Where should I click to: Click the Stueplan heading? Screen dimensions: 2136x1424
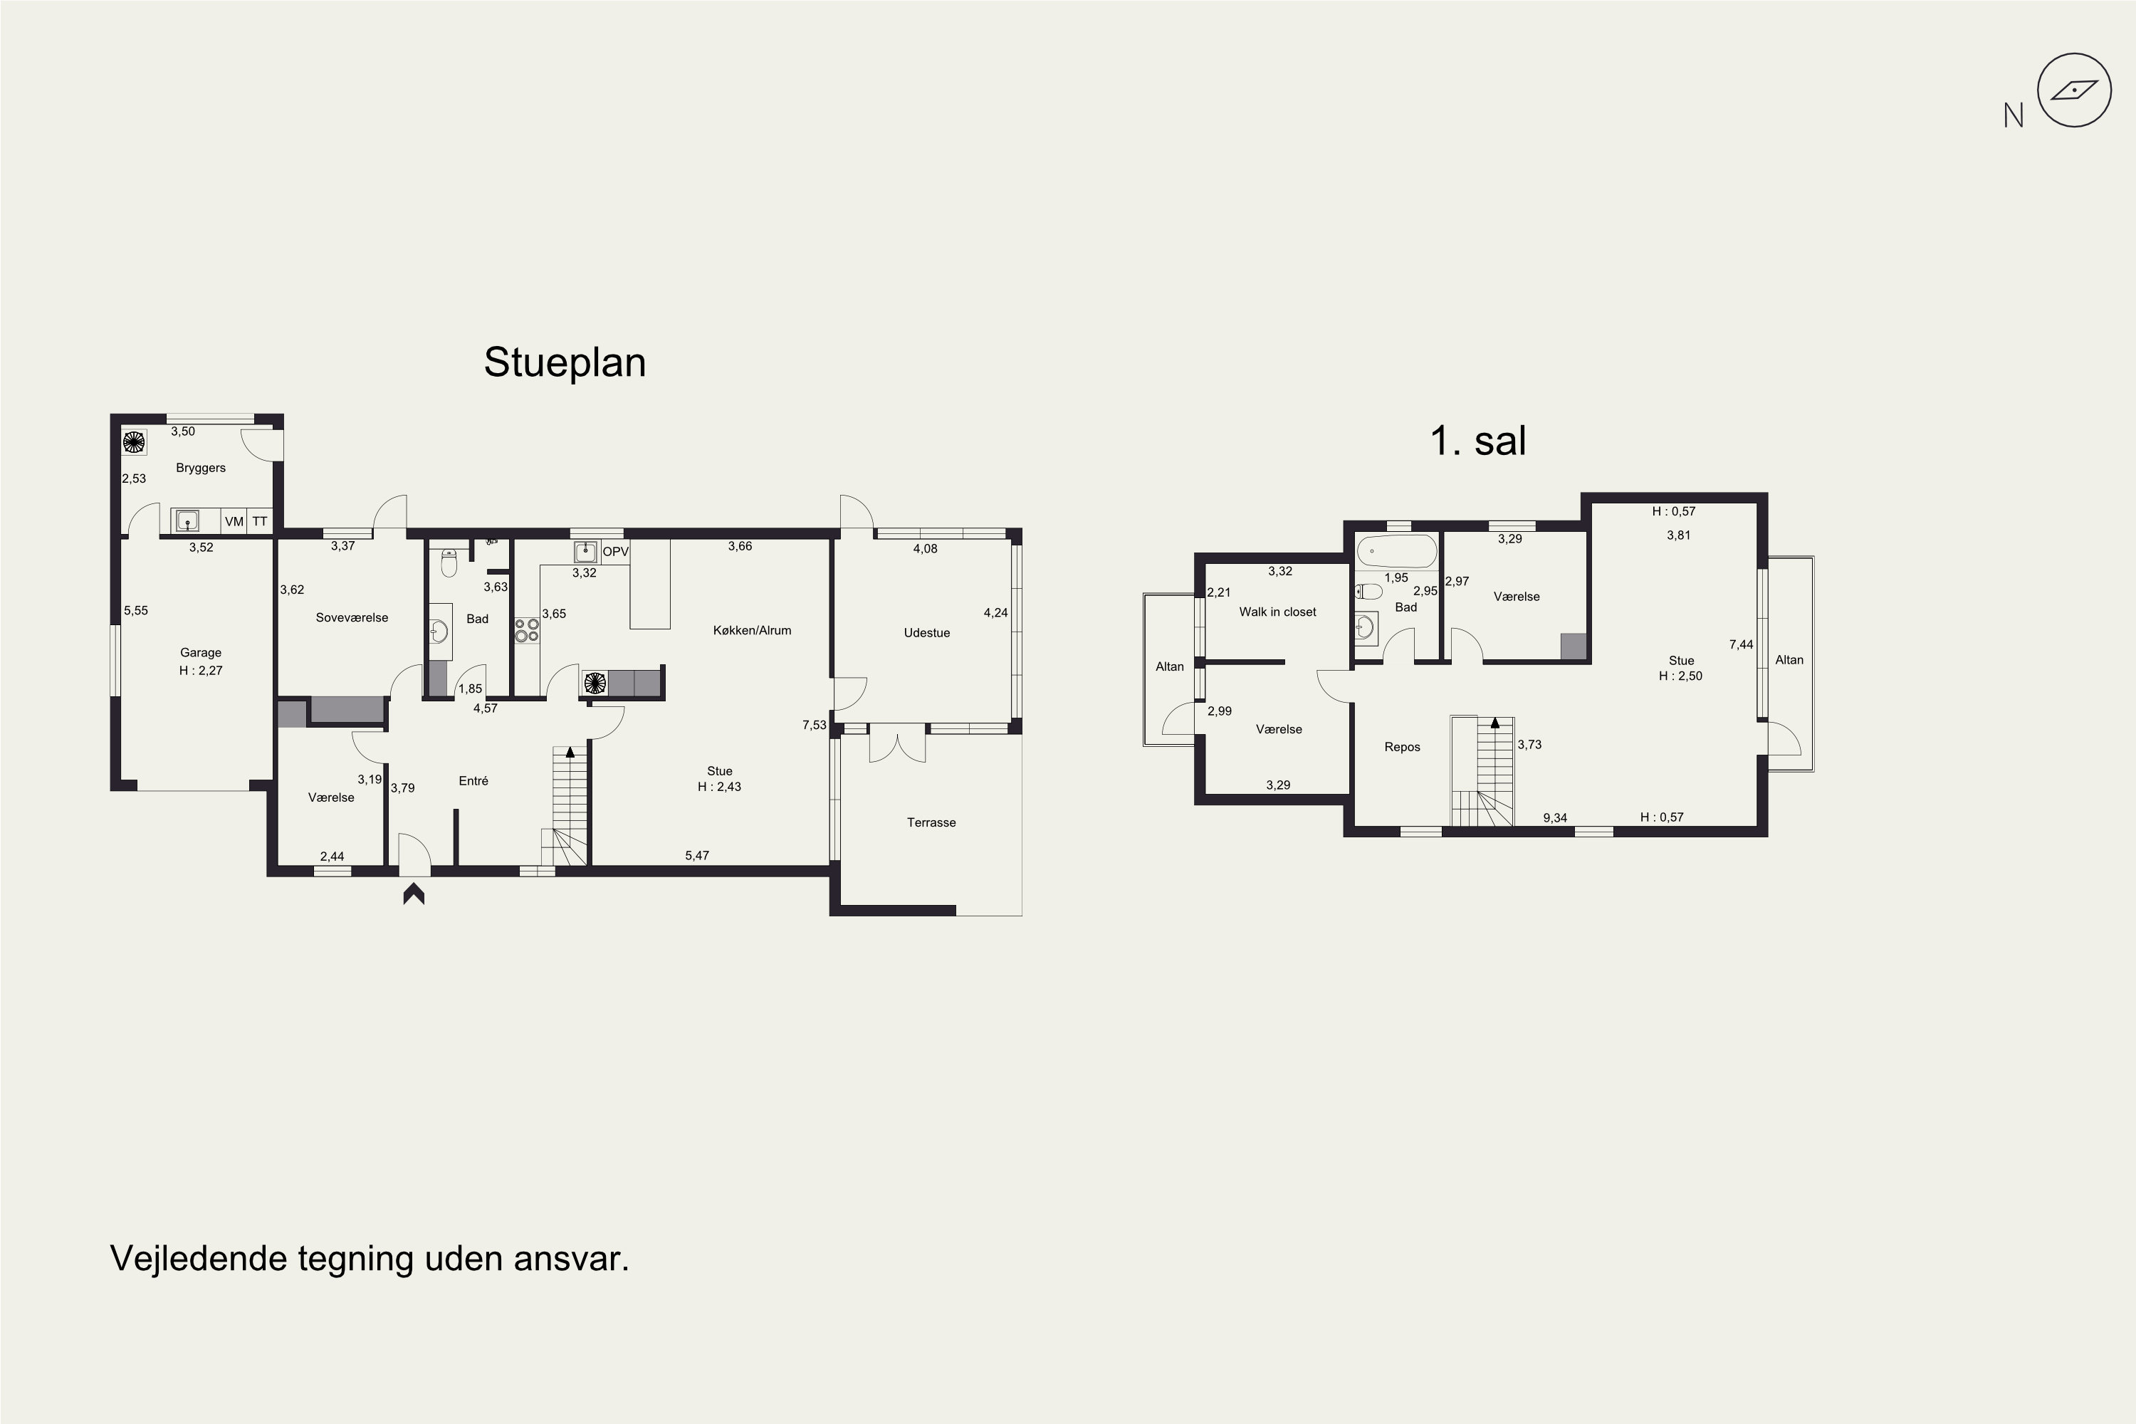coord(564,362)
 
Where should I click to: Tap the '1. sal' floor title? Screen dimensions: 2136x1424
coord(1477,441)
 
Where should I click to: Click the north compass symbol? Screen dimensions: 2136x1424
coord(2074,90)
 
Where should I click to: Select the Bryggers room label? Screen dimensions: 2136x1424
coord(201,468)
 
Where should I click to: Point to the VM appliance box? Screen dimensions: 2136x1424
coord(234,521)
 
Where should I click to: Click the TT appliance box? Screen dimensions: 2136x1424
coord(260,521)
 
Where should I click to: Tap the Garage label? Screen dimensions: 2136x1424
coord(201,652)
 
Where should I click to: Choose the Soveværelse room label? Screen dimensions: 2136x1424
coord(352,617)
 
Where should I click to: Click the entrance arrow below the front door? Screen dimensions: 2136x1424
coord(414,894)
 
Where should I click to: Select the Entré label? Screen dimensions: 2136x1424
coord(473,780)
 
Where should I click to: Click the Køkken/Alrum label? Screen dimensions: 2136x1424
coord(752,630)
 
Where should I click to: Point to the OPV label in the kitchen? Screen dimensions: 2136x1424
coord(616,551)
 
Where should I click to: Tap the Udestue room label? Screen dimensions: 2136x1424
coord(926,633)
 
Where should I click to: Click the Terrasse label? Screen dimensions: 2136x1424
coord(931,823)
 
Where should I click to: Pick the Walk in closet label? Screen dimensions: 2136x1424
coord(1277,612)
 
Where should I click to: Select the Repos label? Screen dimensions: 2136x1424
coord(1402,748)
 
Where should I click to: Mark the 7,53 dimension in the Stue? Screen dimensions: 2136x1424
coord(815,725)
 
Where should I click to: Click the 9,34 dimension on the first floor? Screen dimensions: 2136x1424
coord(1555,818)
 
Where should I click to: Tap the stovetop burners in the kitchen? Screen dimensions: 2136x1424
coord(527,629)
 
